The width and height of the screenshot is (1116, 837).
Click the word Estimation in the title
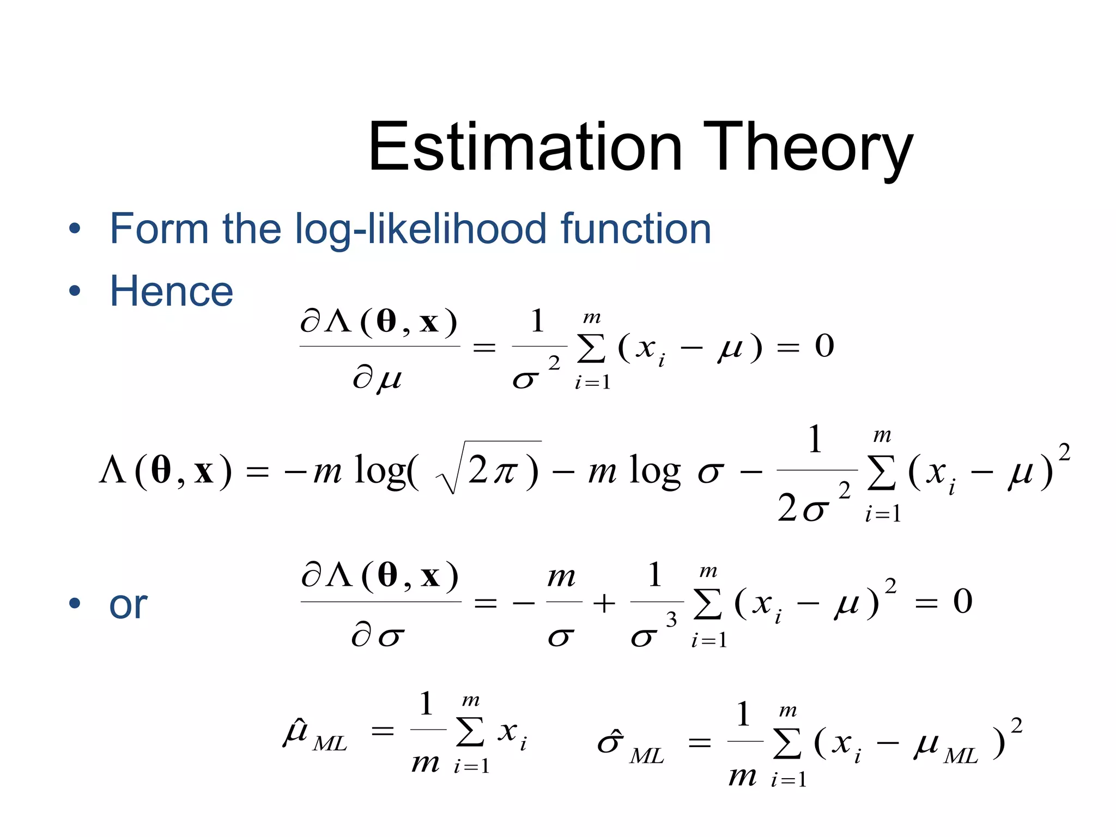(x=524, y=147)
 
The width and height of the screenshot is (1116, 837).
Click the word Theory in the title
(x=808, y=148)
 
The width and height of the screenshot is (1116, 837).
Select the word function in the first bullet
(x=635, y=229)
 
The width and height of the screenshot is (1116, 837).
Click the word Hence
(x=171, y=291)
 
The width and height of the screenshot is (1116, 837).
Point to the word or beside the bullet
(x=128, y=605)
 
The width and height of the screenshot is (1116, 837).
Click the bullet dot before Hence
(x=75, y=291)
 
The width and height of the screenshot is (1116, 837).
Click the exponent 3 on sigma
(x=671, y=620)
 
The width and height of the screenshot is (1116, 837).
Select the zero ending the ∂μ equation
(x=824, y=346)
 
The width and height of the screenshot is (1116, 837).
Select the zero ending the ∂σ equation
(x=962, y=602)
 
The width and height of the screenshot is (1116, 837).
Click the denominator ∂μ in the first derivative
(x=377, y=378)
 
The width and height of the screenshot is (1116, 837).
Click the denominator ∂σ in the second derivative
(x=377, y=635)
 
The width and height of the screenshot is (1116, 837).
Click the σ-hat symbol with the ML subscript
(x=610, y=742)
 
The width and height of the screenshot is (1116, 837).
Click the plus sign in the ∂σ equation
(x=604, y=603)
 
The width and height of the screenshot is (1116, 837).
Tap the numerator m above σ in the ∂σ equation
(x=561, y=577)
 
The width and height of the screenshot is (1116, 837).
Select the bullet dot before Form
(x=75, y=229)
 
